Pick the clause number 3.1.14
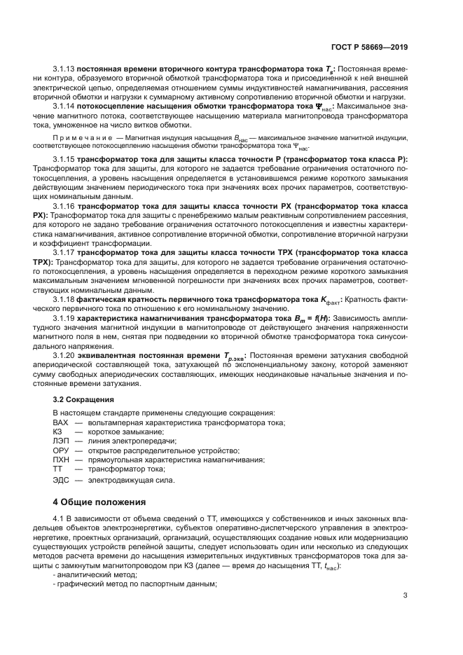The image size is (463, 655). click(x=65, y=106)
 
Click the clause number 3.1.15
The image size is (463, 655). click(x=65, y=160)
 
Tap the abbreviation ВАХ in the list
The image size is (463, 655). click(x=62, y=423)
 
